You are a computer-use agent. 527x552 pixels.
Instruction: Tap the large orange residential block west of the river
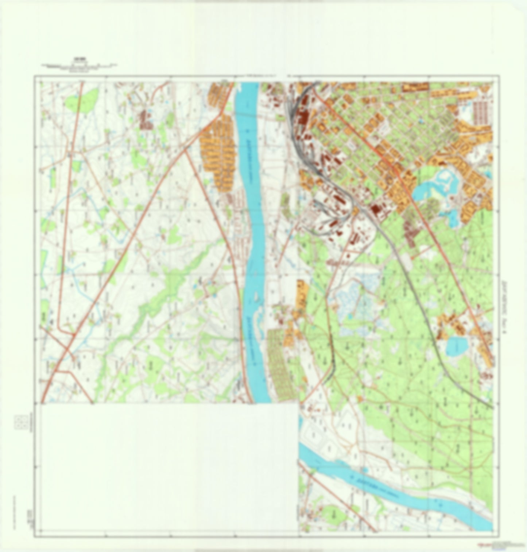(219, 153)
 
